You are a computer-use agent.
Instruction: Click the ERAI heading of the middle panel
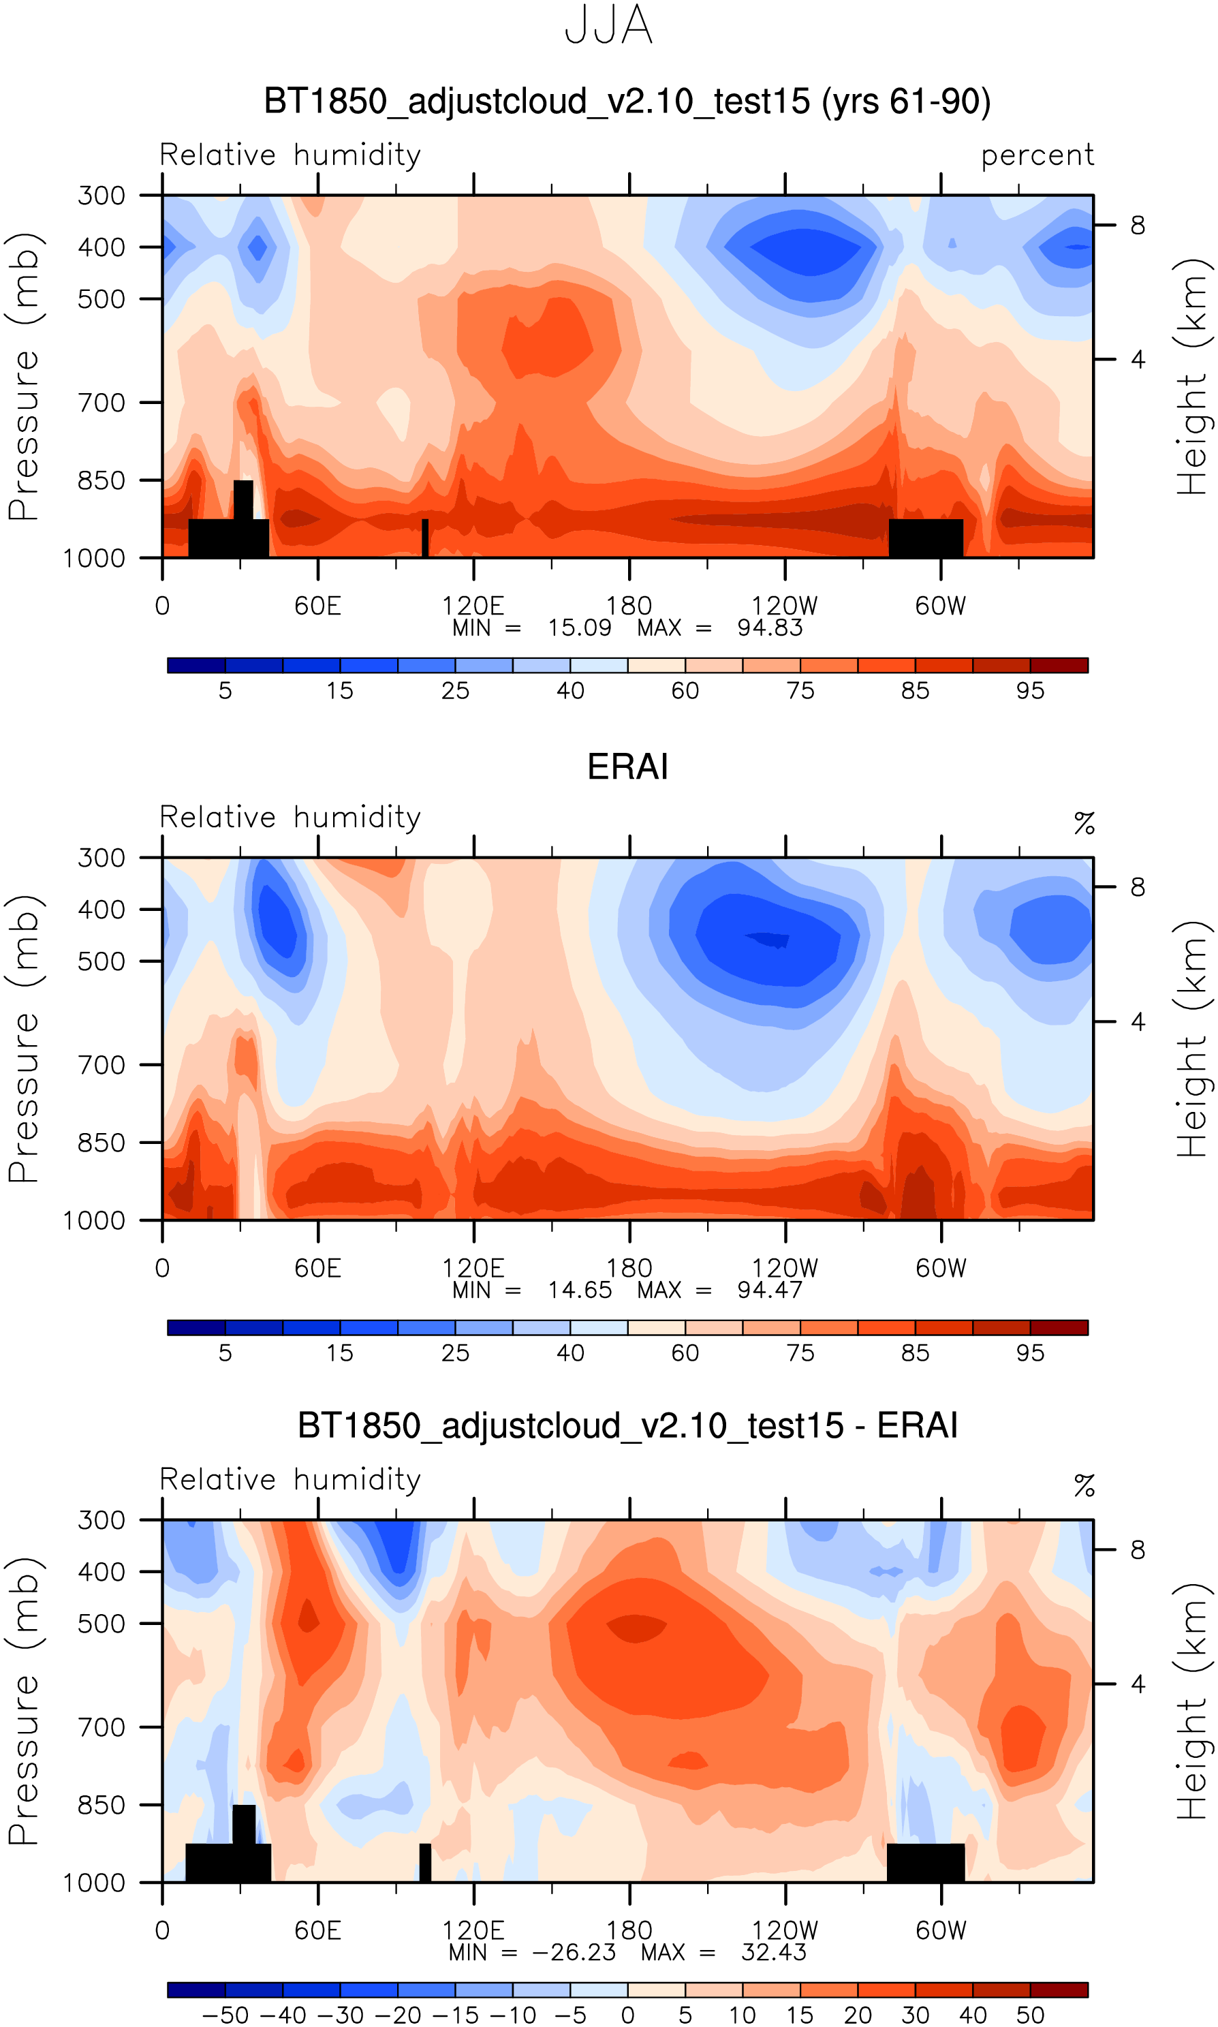pos(627,767)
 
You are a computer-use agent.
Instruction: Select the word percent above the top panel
pos(1037,155)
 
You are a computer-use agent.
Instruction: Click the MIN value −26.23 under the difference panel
pos(574,1952)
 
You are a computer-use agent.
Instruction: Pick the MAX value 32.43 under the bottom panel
pos(773,1952)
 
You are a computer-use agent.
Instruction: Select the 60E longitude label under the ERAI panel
pos(317,1268)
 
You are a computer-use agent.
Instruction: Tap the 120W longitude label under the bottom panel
pos(785,1930)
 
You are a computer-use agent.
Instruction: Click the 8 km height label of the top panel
pos(1138,225)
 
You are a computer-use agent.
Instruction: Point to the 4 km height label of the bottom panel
pos(1138,1684)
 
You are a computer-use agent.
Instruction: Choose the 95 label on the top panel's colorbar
pos(1030,691)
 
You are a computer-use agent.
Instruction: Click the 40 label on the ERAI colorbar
pos(570,1352)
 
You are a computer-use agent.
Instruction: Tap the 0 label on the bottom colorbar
pos(628,2015)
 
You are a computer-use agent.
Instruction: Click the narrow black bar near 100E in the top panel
pos(425,538)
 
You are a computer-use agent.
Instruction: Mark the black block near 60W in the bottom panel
pos(925,1863)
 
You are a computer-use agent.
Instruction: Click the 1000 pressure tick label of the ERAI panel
pos(95,1220)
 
